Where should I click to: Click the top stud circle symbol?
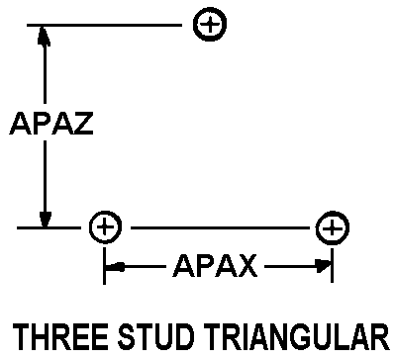coord(210,9)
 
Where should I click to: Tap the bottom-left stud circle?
coord(105,212)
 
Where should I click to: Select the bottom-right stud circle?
coord(332,212)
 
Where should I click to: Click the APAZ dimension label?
coord(51,124)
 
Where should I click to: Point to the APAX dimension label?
coord(215,266)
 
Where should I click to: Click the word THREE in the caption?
coord(61,337)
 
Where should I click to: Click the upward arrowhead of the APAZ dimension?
coord(44,37)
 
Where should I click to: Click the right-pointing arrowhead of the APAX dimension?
coord(323,266)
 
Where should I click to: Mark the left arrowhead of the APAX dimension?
coord(115,266)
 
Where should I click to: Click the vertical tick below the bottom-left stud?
coord(105,266)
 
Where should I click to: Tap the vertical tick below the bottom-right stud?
coord(332,266)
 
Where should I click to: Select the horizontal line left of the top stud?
coord(104,25)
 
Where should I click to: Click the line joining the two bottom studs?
coord(220,227)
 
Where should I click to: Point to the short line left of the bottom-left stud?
coord(49,227)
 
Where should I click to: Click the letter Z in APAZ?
coord(83,124)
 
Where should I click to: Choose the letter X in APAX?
coord(246,266)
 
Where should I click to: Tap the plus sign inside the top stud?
coord(210,25)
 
